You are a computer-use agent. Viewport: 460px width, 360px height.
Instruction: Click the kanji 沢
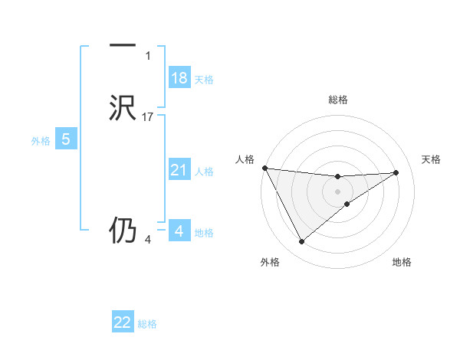123,108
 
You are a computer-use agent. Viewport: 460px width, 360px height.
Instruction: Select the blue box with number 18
179,78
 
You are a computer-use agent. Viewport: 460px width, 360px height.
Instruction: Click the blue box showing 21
179,170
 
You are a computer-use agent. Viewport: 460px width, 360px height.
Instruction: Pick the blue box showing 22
123,322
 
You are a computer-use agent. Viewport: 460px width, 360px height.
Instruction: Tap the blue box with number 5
66,139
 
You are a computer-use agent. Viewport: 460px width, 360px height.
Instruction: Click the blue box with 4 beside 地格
179,231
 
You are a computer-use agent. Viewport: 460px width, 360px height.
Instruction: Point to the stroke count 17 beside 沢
149,117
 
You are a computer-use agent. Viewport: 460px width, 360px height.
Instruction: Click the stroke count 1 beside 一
148,56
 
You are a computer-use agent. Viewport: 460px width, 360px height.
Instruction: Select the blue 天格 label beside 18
204,80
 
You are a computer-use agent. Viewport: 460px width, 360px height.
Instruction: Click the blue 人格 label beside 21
204,172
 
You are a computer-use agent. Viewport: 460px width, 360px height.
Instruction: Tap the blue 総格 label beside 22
147,324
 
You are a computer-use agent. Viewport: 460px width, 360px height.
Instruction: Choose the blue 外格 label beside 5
41,141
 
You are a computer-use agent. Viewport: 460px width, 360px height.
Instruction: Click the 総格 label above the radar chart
338,100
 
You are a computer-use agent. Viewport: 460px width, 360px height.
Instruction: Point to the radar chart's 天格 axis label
432,159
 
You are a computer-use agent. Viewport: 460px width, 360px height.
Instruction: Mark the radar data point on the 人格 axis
264,168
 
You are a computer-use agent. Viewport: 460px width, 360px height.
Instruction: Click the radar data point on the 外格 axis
301,242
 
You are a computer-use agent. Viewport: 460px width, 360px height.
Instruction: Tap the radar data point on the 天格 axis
396,172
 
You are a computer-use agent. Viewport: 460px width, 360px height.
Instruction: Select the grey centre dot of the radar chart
338,191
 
